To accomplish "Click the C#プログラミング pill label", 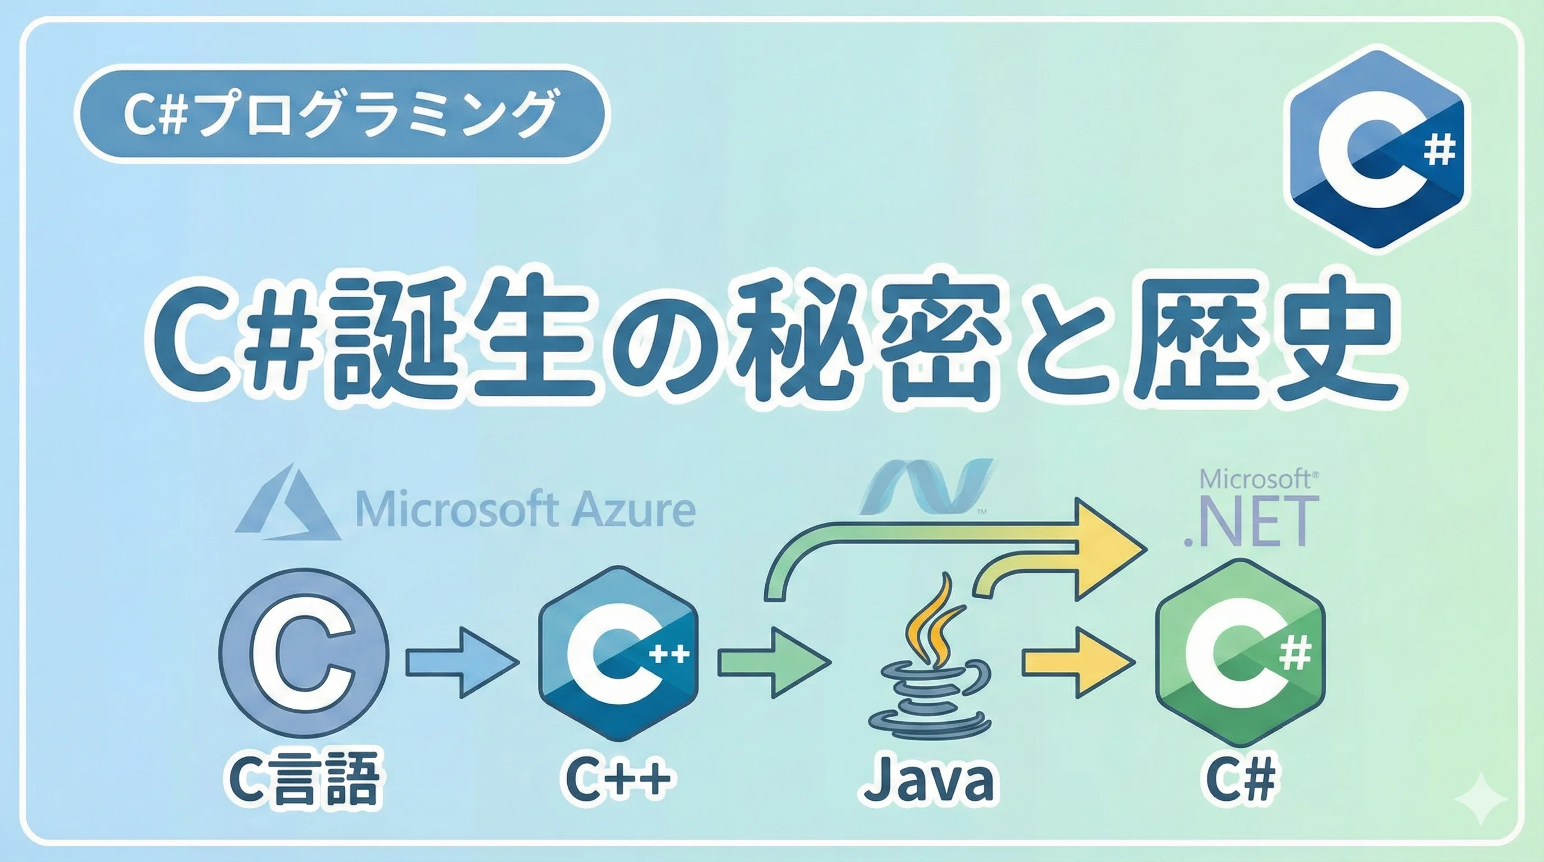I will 341,114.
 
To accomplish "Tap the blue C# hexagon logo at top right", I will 1377,149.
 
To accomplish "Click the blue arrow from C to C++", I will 462,662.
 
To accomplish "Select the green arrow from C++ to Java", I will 773,662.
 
